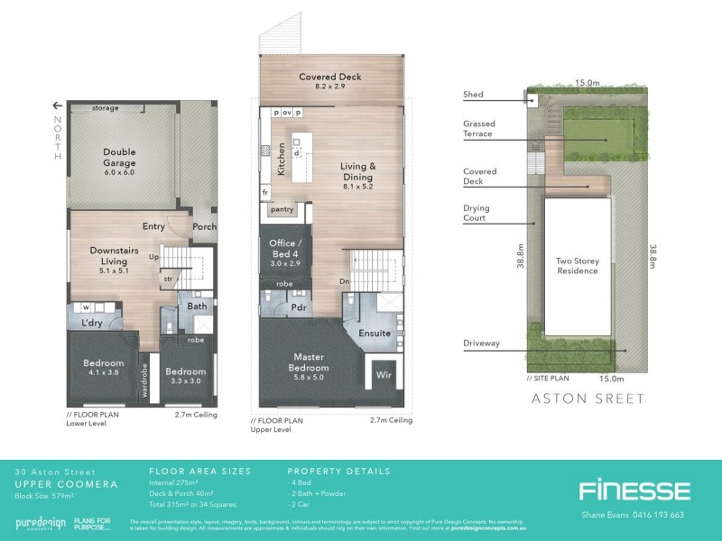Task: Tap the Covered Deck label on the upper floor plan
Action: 330,78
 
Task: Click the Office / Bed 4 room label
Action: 285,249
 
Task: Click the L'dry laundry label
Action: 91,322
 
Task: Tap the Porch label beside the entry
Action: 204,226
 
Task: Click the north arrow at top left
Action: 59,105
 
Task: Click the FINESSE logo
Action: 634,491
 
